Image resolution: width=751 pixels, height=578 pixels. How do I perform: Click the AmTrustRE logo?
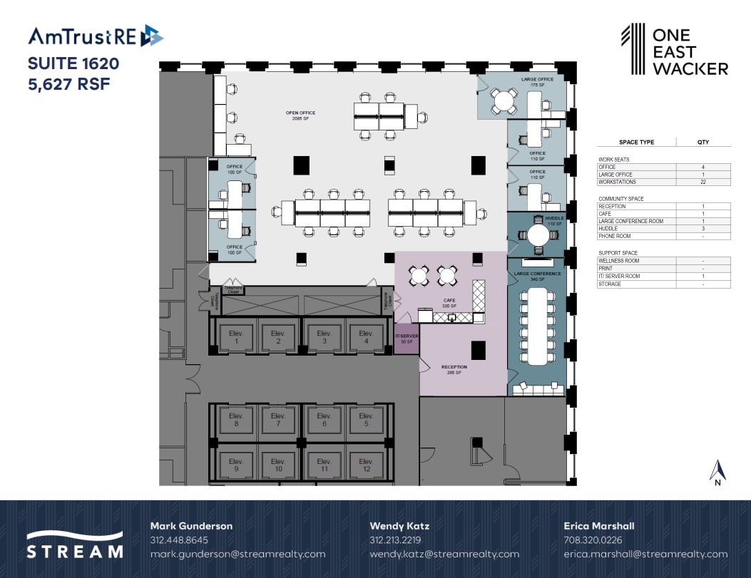click(x=96, y=36)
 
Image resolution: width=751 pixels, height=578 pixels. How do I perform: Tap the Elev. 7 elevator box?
click(x=277, y=420)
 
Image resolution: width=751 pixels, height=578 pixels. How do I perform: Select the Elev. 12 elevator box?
click(x=366, y=464)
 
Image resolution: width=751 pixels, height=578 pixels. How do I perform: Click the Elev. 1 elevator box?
click(x=236, y=337)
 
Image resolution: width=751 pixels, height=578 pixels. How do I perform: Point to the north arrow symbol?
click(x=718, y=471)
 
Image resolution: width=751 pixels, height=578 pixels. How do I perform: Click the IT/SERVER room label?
click(x=407, y=339)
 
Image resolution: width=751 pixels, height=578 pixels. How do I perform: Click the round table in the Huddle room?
click(x=536, y=234)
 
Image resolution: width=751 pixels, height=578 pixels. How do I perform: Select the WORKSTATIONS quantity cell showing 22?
click(x=703, y=182)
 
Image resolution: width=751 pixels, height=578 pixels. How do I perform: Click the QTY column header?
click(x=703, y=142)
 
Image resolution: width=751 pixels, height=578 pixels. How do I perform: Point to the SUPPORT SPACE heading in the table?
click(x=618, y=253)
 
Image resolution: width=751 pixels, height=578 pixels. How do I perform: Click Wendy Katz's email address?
click(x=444, y=554)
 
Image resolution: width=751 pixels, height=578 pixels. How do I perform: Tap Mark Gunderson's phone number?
click(x=179, y=540)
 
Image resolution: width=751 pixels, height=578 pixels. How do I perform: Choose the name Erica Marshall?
click(x=598, y=526)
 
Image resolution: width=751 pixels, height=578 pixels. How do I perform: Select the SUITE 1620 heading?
click(x=73, y=63)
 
